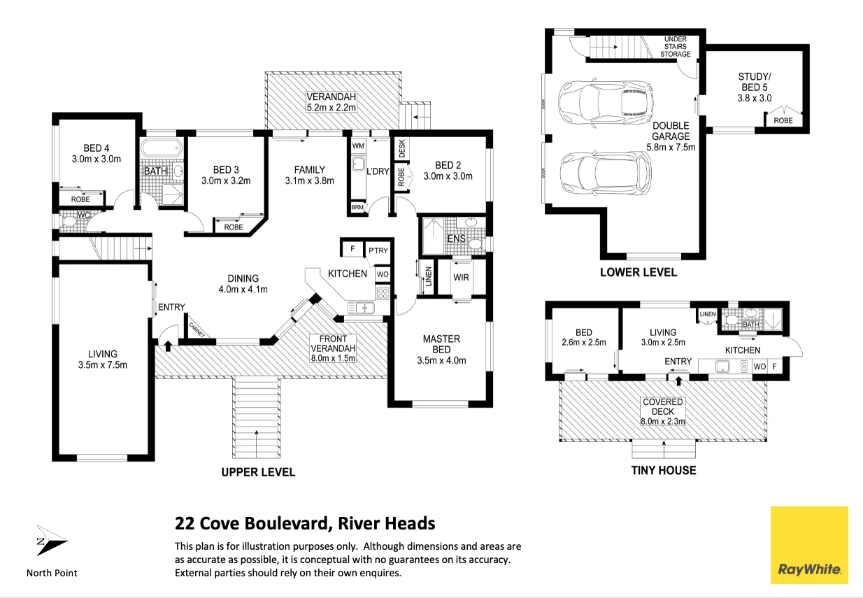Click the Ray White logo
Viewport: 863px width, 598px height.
click(809, 545)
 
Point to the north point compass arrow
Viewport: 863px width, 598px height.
click(51, 541)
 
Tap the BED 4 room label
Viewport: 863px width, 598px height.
click(97, 153)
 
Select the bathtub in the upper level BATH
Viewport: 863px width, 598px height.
click(162, 148)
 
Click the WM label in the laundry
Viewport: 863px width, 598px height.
click(358, 146)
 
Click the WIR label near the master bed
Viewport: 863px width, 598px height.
click(461, 278)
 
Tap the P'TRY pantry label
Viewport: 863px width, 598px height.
click(378, 251)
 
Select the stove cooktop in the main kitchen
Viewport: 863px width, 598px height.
click(383, 294)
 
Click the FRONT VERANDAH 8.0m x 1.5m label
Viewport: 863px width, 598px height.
click(333, 348)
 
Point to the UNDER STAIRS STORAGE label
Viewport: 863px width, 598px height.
click(675, 47)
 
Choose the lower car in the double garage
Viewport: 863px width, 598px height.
click(605, 173)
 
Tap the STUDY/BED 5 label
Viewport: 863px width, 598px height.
click(755, 87)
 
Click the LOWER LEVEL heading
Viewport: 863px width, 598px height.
click(639, 272)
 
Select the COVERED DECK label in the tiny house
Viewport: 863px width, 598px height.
click(663, 411)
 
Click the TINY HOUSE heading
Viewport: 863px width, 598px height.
click(664, 471)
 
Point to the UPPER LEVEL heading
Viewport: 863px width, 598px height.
click(258, 472)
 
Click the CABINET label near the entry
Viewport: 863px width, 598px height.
click(197, 330)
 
